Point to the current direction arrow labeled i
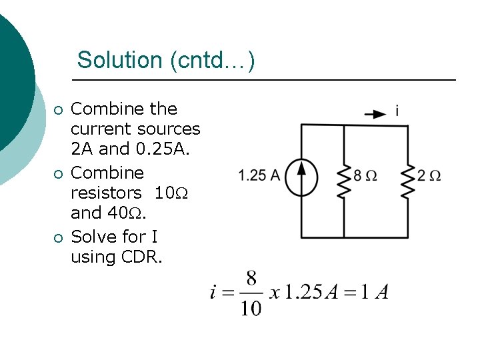coord(375,113)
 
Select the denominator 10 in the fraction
coord(251,308)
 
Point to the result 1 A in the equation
coord(377,293)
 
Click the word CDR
coord(141,257)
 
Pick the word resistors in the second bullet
coord(105,193)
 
